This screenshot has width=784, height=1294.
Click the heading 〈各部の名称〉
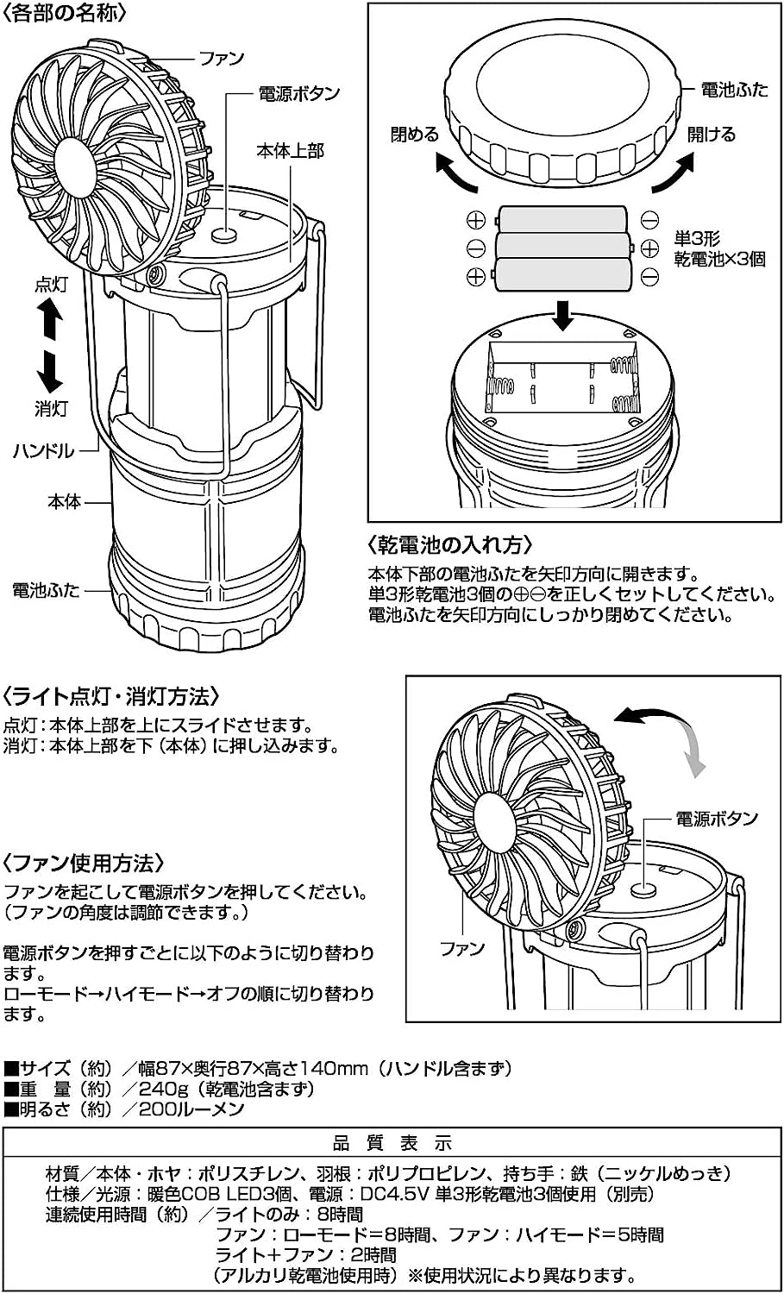click(x=66, y=14)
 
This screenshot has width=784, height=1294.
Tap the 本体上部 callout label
click(x=291, y=151)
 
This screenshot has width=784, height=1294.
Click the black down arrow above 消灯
click(x=51, y=371)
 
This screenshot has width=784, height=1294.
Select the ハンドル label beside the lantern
click(x=43, y=450)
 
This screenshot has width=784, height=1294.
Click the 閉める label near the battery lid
click(x=414, y=135)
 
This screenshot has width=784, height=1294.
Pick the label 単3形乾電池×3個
click(x=718, y=249)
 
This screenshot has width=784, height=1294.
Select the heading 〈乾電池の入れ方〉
click(x=450, y=545)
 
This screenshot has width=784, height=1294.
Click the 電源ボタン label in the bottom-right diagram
click(x=716, y=819)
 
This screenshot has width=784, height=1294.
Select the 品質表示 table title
click(x=392, y=1144)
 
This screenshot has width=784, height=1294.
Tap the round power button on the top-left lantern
click(x=226, y=233)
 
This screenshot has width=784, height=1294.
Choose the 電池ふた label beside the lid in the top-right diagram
click(x=734, y=90)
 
